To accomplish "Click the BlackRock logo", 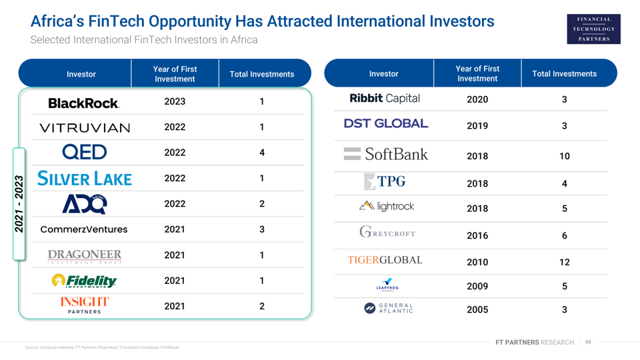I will click(84, 103).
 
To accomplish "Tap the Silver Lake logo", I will click(85, 179).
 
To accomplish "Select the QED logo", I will click(85, 153).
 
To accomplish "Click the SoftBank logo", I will click(386, 155).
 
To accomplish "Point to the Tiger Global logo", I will click(385, 260).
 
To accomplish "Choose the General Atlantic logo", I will click(389, 307).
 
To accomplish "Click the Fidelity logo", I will click(85, 281).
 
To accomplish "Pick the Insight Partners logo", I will click(85, 305).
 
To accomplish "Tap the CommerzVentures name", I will click(84, 229).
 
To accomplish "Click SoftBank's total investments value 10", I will click(564, 156).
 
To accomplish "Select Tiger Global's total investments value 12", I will click(564, 262).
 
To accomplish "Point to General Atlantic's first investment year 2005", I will click(477, 309).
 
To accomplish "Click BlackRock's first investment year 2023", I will click(175, 102).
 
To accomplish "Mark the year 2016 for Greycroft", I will click(477, 235).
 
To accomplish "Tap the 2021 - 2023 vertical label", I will click(19, 204).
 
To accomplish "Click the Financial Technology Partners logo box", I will click(593, 29).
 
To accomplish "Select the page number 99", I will click(588, 342).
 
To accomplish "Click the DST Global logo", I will click(386, 123).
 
